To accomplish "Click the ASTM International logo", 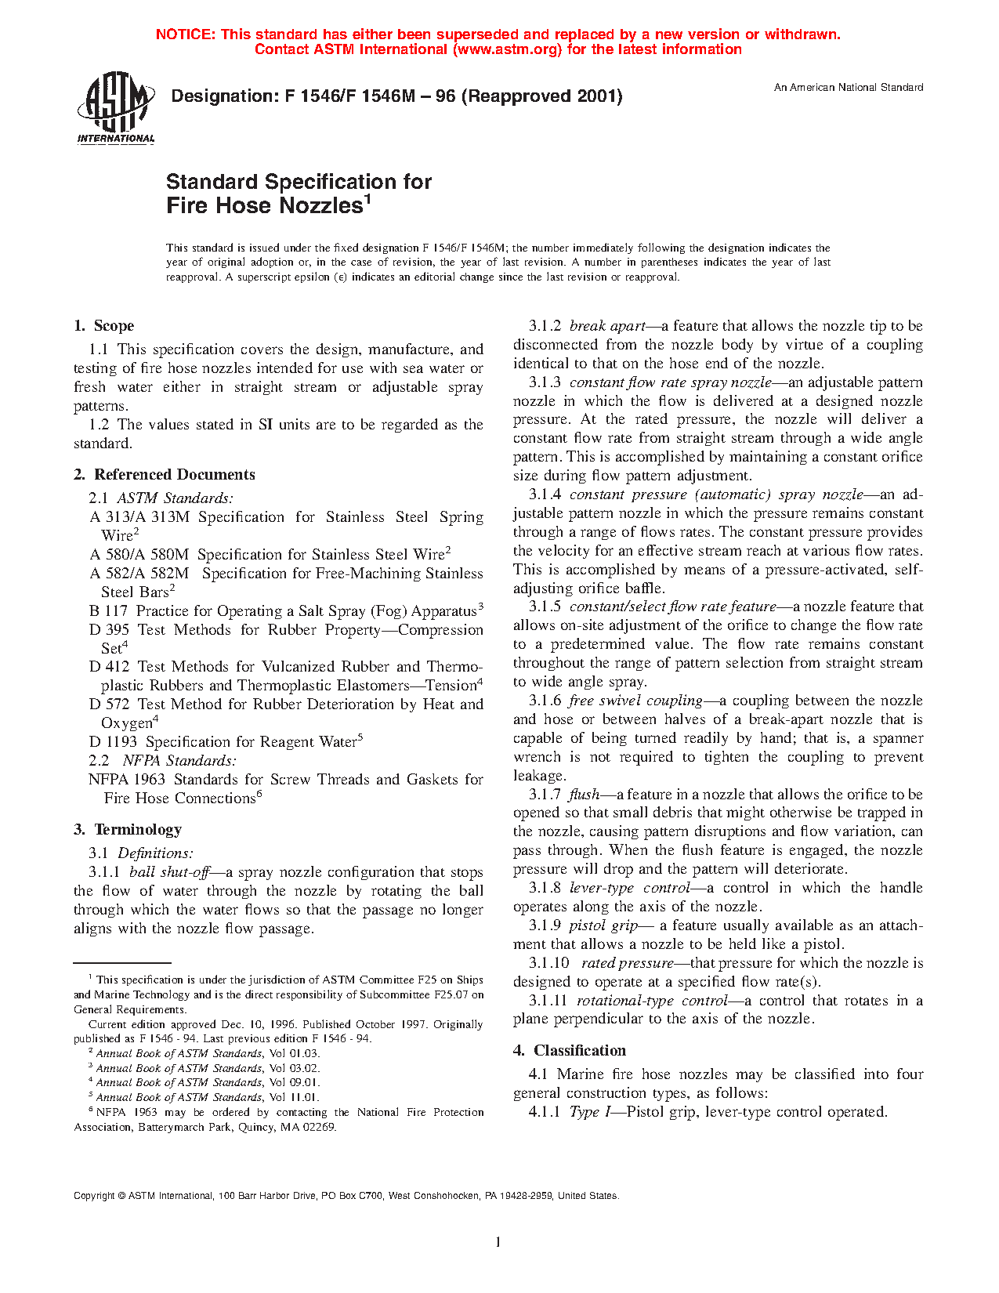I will pyautogui.click(x=116, y=108).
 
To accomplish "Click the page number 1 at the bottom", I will pyautogui.click(x=498, y=1241).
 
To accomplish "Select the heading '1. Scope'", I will pyautogui.click(x=103, y=326).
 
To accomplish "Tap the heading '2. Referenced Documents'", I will pyautogui.click(x=164, y=475).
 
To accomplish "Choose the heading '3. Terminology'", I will pyautogui.click(x=127, y=830).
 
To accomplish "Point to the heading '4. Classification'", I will pyautogui.click(x=570, y=1051).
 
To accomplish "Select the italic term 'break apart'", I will pyautogui.click(x=607, y=326).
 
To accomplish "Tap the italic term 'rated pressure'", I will pyautogui.click(x=628, y=963).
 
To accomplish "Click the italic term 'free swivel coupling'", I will pyautogui.click(x=635, y=701).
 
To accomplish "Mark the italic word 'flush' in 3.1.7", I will pyautogui.click(x=585, y=795).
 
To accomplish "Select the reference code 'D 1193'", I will pyautogui.click(x=113, y=742).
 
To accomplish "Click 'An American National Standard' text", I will pyautogui.click(x=849, y=88).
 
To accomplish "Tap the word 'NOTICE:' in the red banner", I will pyautogui.click(x=186, y=34).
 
